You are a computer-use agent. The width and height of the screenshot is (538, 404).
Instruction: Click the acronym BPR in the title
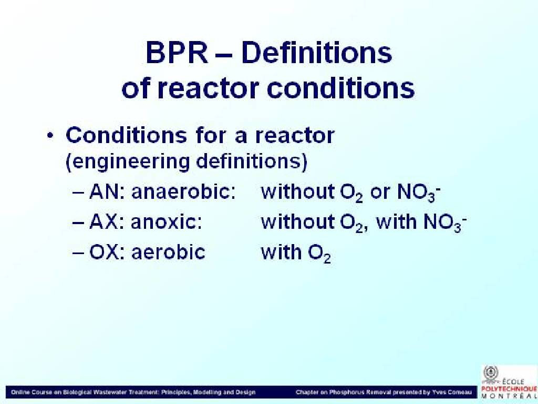coord(177,53)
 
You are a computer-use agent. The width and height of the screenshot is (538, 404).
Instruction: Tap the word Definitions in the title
coord(316,53)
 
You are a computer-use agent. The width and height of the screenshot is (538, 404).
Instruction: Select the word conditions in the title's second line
coord(340,88)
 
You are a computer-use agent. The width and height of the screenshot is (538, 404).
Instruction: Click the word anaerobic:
coord(183,191)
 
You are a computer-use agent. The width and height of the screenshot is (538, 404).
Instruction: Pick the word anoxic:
coord(166,222)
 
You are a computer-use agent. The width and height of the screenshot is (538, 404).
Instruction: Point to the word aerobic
coord(168,252)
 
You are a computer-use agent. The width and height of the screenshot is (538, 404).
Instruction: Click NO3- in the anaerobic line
coord(419,193)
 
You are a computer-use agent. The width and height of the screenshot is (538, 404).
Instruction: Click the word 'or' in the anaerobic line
coord(380,193)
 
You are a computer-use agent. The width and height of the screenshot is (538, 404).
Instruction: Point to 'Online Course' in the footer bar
coord(30,392)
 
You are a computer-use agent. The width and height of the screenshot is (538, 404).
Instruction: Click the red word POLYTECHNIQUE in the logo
coord(509,389)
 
